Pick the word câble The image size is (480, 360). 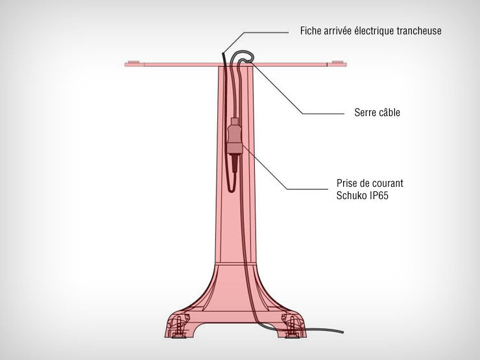coord(389,112)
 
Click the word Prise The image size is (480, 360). coord(346,183)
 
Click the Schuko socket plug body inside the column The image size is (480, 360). coord(235,136)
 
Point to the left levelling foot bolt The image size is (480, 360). coord(178,328)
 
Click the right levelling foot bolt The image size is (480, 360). coord(292,328)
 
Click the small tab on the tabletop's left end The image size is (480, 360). coord(134,62)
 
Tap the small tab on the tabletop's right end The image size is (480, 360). coord(337,62)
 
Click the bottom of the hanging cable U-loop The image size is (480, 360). coord(232,191)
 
